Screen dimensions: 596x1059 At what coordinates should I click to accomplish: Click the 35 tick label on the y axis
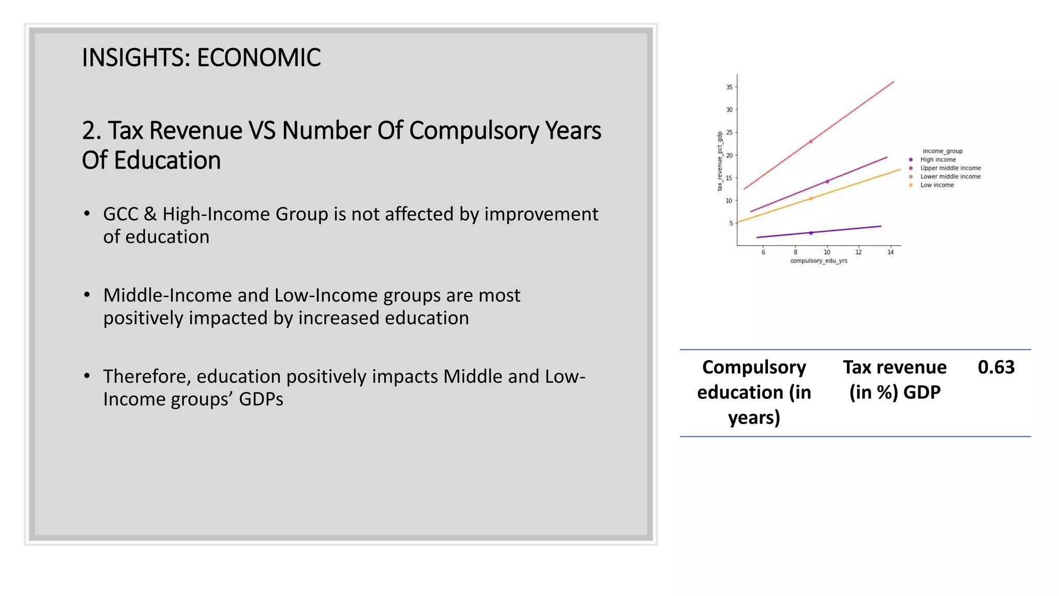[729, 87]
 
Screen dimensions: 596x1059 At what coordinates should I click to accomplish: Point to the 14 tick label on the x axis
[890, 252]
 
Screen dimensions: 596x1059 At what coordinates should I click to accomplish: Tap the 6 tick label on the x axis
[763, 252]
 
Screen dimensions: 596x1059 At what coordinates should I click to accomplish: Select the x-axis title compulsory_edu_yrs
[819, 261]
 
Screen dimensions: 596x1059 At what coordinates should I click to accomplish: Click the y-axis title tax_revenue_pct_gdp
[719, 161]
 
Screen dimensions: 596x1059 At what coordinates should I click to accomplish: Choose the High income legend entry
[938, 159]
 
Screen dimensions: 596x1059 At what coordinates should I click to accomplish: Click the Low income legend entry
[937, 185]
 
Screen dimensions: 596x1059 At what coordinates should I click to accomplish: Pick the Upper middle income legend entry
[950, 168]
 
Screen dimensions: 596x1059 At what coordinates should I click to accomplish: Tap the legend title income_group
[943, 151]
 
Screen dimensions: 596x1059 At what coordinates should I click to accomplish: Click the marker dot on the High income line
[811, 233]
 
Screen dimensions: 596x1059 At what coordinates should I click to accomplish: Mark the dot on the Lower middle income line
[811, 141]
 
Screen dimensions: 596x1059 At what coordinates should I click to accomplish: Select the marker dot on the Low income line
[811, 199]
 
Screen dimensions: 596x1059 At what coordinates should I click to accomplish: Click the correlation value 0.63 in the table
[996, 367]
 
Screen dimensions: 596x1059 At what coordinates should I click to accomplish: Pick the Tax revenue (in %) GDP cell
[895, 379]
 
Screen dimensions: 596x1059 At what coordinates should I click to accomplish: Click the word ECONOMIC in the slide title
[259, 57]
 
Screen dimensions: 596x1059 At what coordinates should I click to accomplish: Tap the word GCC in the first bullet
[121, 214]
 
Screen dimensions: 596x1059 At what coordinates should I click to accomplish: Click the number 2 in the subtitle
[88, 131]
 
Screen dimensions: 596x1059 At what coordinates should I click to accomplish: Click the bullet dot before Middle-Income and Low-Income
[87, 295]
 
